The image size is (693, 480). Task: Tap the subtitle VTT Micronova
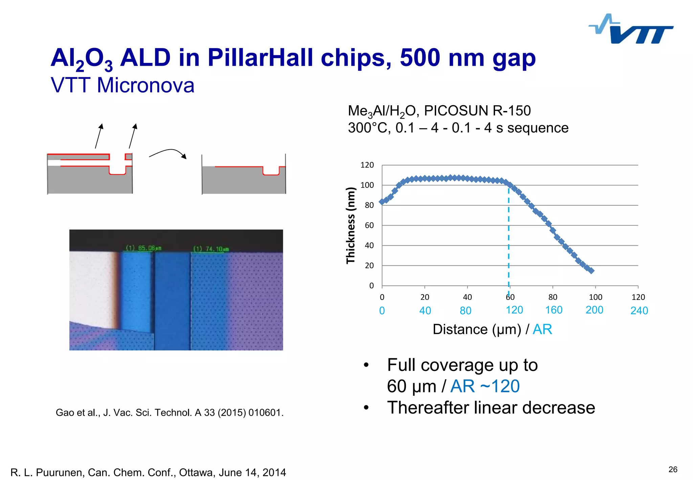click(x=122, y=85)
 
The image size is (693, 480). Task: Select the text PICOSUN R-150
click(x=477, y=111)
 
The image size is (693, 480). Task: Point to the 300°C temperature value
click(x=369, y=128)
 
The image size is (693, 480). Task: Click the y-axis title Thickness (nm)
click(x=351, y=225)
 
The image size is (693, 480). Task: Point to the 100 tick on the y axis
click(x=367, y=185)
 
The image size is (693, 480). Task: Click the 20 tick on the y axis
click(x=369, y=266)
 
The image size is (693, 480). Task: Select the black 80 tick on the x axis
click(x=553, y=297)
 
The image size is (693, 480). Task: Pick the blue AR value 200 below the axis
click(x=594, y=310)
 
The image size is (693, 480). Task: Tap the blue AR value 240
click(x=639, y=310)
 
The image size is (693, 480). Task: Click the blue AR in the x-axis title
click(x=542, y=329)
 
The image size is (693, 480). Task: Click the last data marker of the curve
click(x=591, y=270)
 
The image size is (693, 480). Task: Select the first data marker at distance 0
click(x=382, y=202)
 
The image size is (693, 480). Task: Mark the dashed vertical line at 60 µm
click(x=509, y=237)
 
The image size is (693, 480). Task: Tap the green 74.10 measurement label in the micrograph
click(x=211, y=249)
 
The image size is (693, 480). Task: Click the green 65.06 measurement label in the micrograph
click(x=144, y=248)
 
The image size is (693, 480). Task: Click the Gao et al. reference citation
click(x=170, y=413)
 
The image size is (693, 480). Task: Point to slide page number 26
click(x=673, y=469)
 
